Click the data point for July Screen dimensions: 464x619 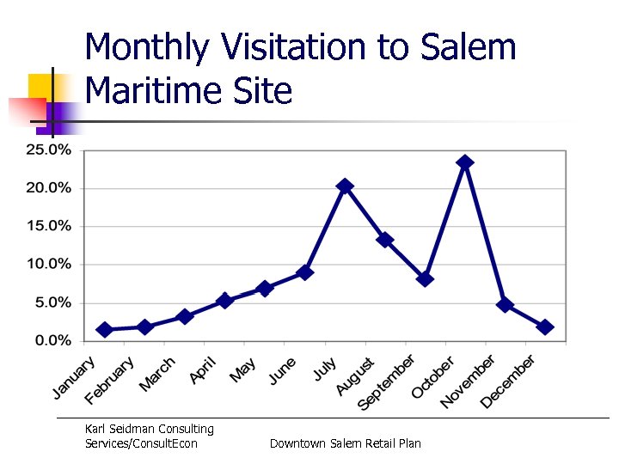point(345,186)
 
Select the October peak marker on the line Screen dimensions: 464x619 point(465,162)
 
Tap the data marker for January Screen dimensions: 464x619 point(105,330)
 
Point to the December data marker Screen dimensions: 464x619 point(544,327)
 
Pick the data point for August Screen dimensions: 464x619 point(385,240)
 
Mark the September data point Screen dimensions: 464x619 point(425,278)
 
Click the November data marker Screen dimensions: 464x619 point(505,305)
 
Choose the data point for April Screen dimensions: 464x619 point(224,301)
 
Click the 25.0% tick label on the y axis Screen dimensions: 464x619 point(48,150)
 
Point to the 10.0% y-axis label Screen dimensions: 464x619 point(48,264)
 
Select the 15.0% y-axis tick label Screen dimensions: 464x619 point(48,226)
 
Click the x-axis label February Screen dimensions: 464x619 point(110,380)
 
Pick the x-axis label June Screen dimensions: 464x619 point(282,370)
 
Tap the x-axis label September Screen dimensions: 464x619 point(387,382)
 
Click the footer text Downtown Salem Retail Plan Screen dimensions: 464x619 point(346,443)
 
